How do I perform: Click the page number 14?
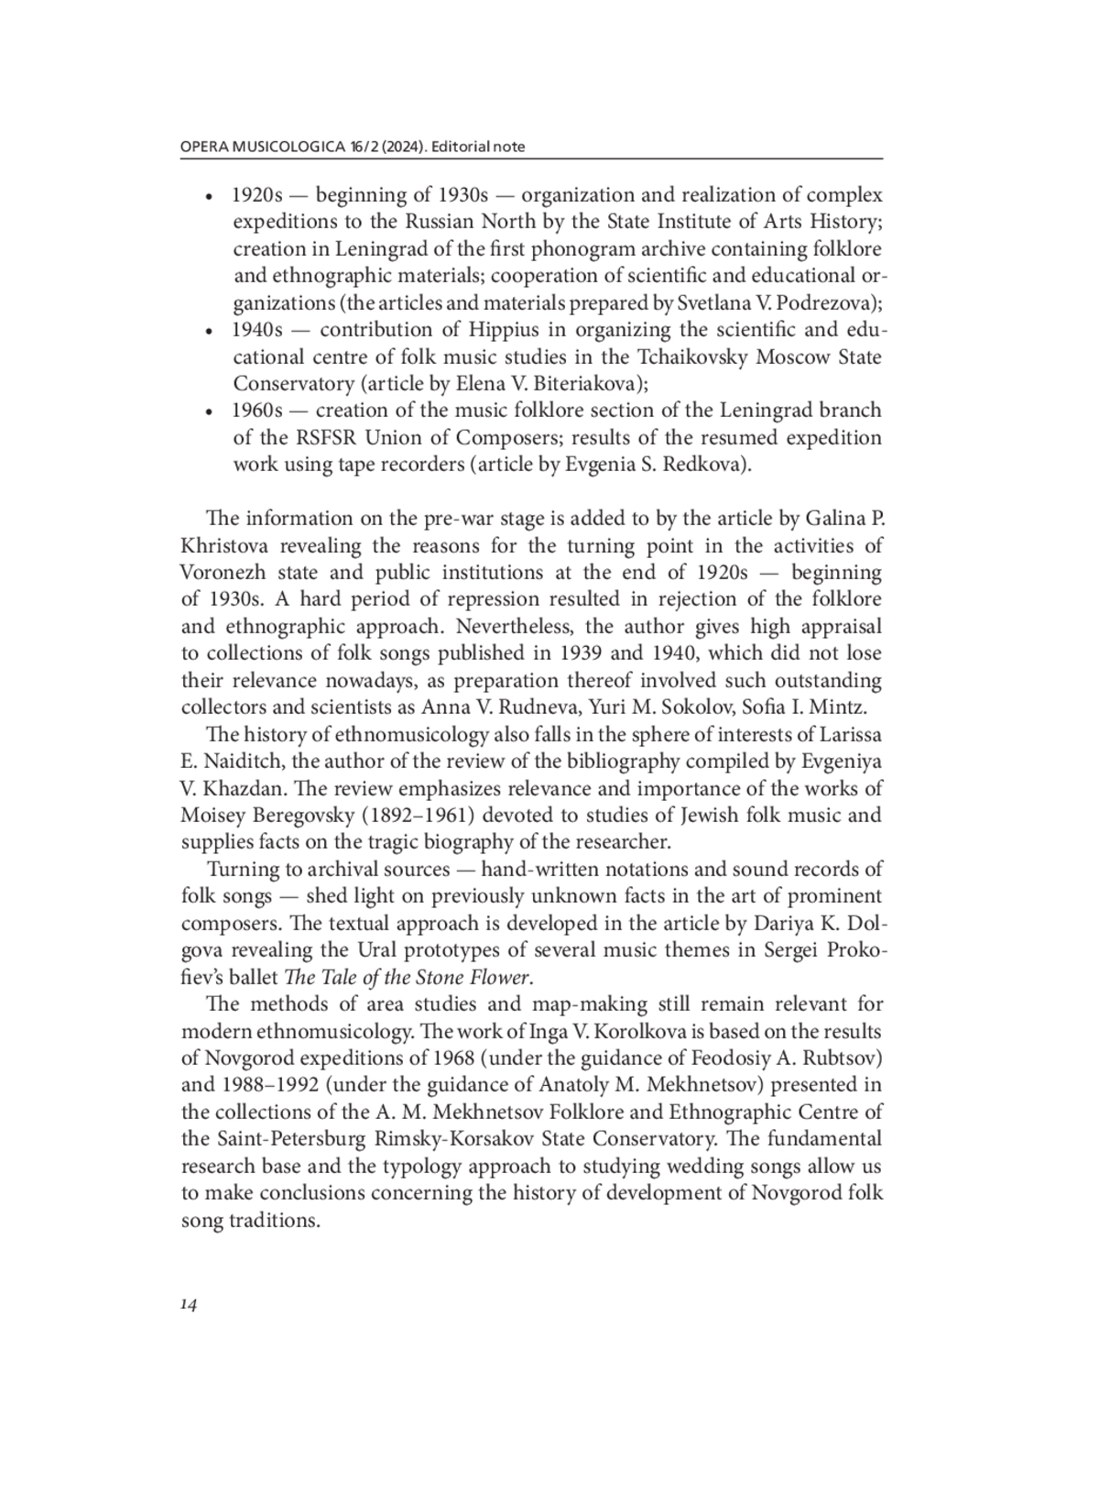(x=189, y=1304)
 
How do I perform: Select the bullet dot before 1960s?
(x=210, y=411)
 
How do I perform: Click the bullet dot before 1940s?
(x=210, y=331)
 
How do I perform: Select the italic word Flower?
(x=500, y=977)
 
